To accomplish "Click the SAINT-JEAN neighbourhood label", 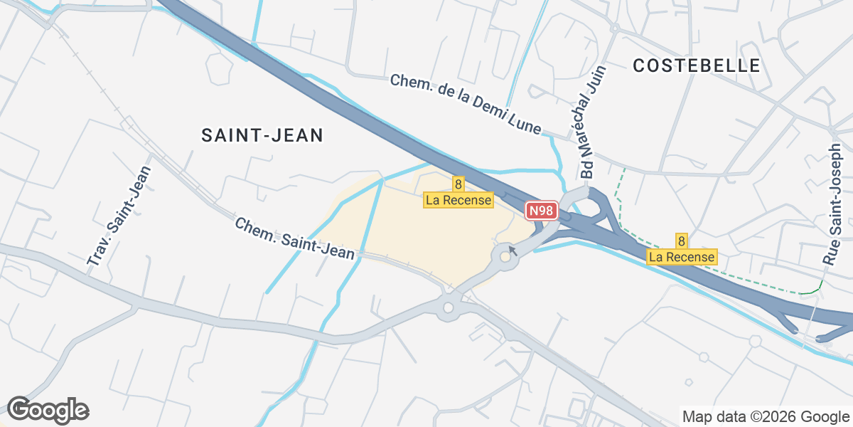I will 262,135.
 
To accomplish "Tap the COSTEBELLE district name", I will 697,65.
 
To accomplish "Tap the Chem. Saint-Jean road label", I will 294,239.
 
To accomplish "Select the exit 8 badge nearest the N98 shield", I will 458,185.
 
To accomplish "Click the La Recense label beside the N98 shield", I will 458,200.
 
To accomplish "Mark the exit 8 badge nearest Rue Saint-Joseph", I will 682,241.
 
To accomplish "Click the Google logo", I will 48,410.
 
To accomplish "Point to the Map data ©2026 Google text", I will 765,416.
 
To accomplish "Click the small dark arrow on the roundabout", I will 512,251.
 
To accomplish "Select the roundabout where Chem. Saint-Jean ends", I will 448,308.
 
